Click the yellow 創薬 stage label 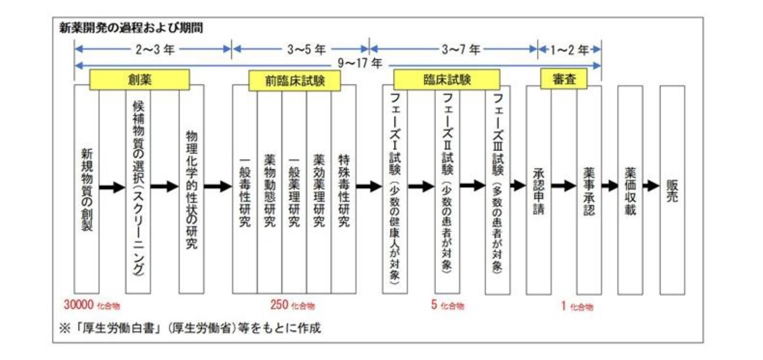(139, 80)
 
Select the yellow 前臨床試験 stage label (294, 81)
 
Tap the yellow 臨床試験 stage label (447, 80)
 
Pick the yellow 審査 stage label (564, 80)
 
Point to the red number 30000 (79, 305)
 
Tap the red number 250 (279, 305)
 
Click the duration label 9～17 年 (362, 64)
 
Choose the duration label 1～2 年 (569, 50)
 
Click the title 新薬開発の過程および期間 (131, 28)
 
